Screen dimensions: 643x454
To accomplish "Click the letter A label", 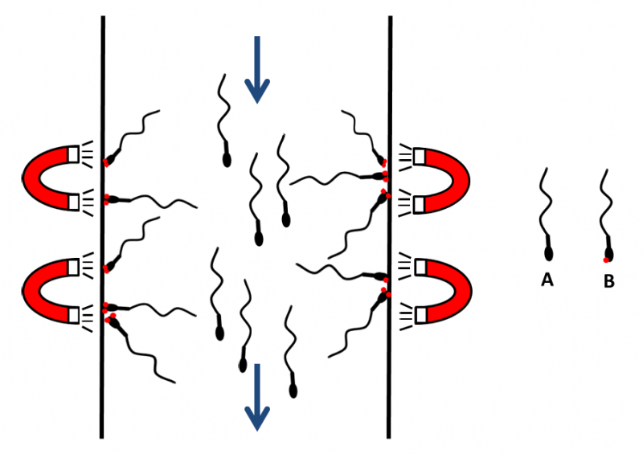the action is point(547,280).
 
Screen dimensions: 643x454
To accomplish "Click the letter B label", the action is point(609,281).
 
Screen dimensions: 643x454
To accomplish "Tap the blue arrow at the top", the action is point(257,70).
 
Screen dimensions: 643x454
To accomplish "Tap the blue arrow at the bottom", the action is point(257,397).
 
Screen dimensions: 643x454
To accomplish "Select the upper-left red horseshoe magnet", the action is point(51,178).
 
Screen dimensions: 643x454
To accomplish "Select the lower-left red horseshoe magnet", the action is point(51,291).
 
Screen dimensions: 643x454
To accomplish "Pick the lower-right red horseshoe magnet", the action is point(443,292).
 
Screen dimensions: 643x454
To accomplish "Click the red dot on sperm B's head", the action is point(606,260).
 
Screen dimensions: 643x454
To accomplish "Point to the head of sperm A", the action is point(549,254).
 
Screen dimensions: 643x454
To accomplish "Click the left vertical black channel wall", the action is point(102,227).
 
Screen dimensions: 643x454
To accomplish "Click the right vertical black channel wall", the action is point(389,227).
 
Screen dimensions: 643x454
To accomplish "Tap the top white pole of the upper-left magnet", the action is point(73,154).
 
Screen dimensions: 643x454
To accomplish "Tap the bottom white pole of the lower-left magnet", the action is point(73,316).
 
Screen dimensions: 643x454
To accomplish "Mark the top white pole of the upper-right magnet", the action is point(419,156).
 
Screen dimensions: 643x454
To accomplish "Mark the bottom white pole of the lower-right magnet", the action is point(420,316).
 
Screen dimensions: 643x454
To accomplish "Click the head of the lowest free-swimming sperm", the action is point(293,391).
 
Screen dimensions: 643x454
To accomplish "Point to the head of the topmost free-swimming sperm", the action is point(227,160).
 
